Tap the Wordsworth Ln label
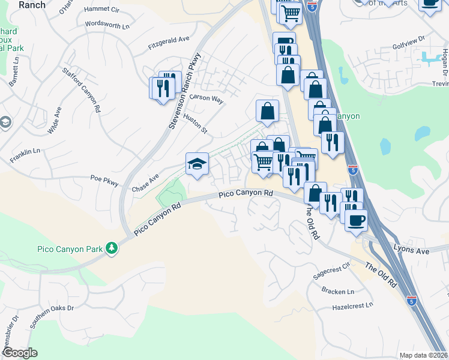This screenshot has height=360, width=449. pyautogui.click(x=107, y=26)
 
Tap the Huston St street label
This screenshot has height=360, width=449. pyautogui.click(x=195, y=122)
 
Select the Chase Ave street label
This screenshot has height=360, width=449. pyautogui.click(x=145, y=183)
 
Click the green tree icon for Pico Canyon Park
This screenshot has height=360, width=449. pyautogui.click(x=111, y=247)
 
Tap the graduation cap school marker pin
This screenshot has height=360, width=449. pyautogui.click(x=197, y=164)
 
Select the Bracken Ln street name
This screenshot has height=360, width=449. pyautogui.click(x=338, y=291)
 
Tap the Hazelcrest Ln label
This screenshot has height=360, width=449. pyautogui.click(x=352, y=305)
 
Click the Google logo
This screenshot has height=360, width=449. pyautogui.click(x=20, y=352)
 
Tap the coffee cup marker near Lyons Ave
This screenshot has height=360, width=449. pyautogui.click(x=356, y=220)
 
